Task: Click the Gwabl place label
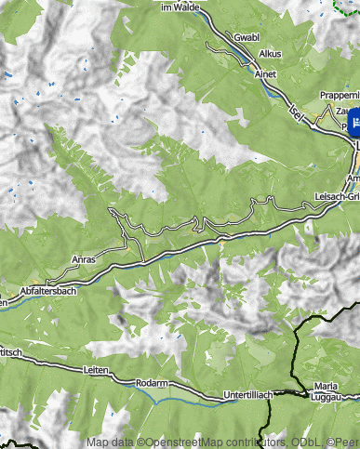(247, 37)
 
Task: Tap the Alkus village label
(270, 54)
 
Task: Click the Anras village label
(84, 260)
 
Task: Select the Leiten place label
(97, 370)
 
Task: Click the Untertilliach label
(248, 395)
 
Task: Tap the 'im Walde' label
(180, 7)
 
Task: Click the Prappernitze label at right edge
(339, 95)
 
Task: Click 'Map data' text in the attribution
(109, 442)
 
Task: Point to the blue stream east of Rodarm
(186, 399)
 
